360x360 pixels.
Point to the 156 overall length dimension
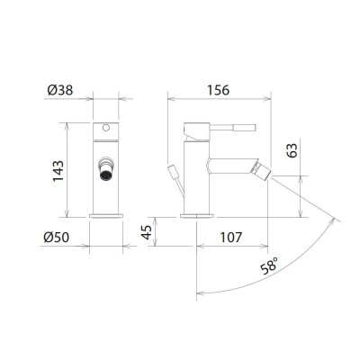(218, 90)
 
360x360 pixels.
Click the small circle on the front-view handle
(106, 129)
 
